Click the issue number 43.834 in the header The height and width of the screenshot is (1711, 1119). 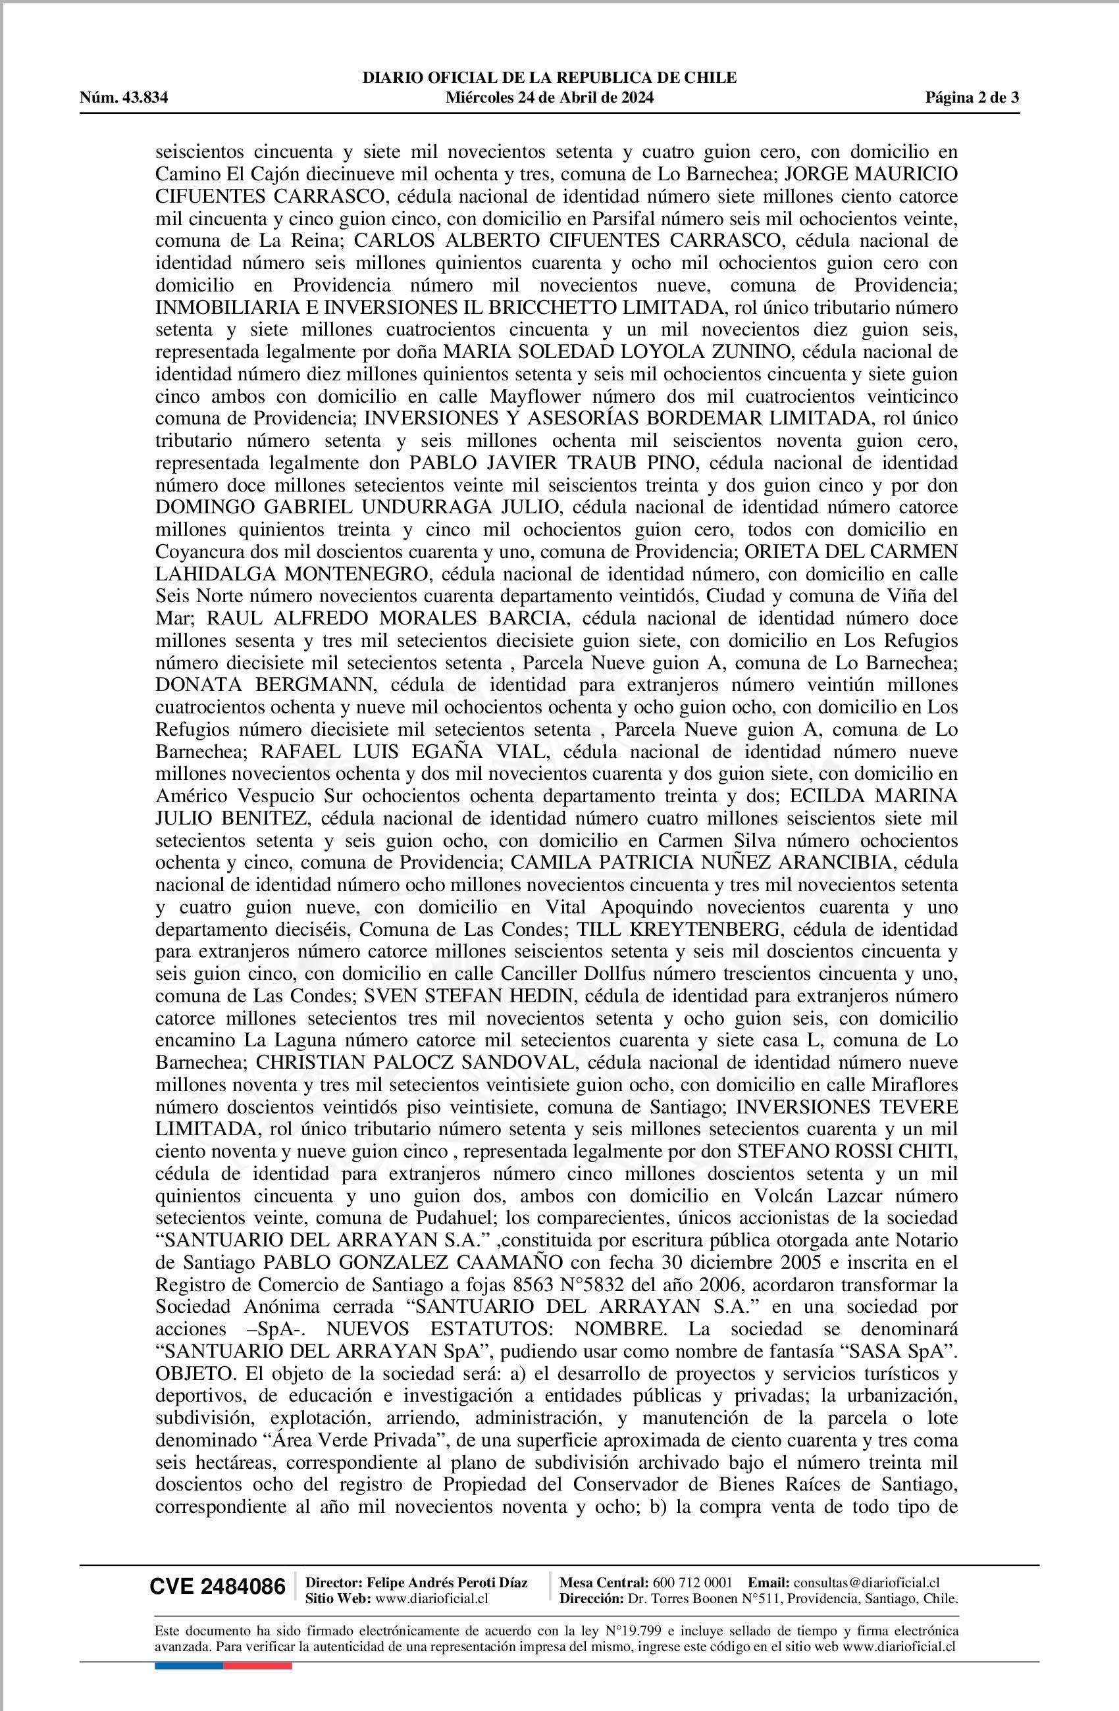145,98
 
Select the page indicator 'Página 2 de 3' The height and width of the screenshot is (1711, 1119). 972,98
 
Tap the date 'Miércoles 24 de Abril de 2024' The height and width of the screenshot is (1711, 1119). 550,98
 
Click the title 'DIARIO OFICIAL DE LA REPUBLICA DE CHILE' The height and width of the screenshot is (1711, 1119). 550,78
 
